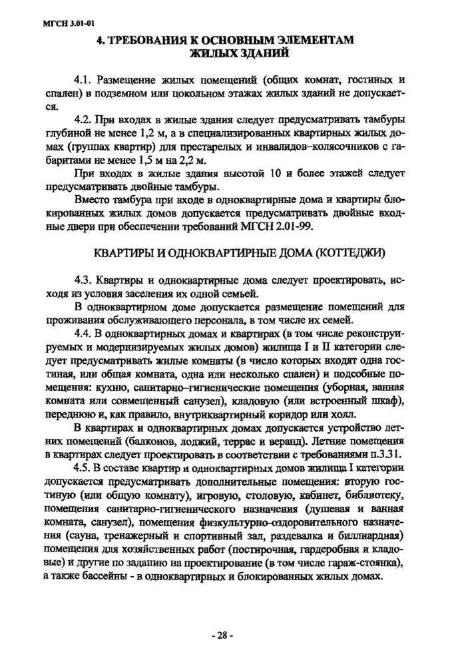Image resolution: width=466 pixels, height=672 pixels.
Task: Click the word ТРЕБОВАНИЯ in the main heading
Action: (x=144, y=41)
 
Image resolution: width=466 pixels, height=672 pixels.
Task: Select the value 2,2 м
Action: (x=194, y=162)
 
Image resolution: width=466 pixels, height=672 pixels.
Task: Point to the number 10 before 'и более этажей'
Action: (x=270, y=174)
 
